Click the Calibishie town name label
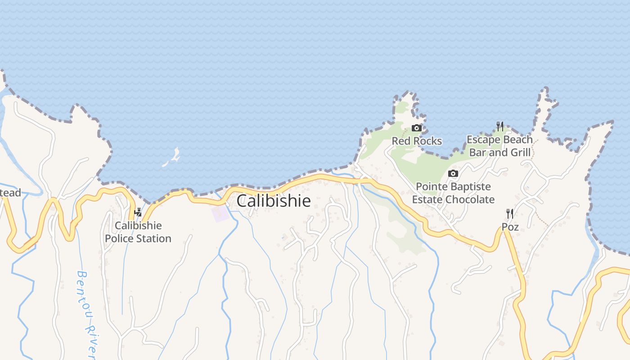click(274, 201)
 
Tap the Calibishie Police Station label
click(138, 232)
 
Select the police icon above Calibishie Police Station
click(138, 212)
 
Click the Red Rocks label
click(417, 141)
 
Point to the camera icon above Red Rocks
click(417, 128)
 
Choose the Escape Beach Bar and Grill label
click(499, 146)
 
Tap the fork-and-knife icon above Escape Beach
click(500, 126)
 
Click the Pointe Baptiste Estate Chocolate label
click(453, 193)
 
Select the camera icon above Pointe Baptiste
click(453, 174)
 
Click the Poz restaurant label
click(510, 227)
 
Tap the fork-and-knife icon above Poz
click(510, 213)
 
